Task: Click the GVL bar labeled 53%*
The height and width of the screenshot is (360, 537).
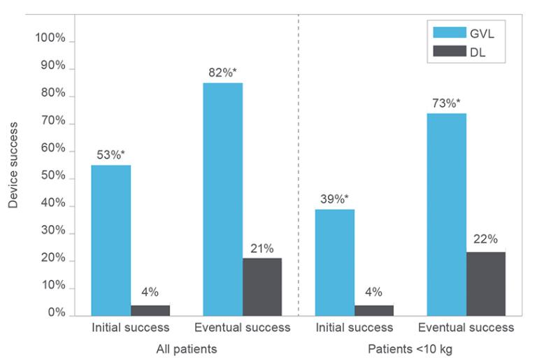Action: pos(110,240)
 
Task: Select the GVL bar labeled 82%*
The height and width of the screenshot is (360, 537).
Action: pos(223,199)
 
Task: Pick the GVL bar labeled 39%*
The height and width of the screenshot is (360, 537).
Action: pos(335,262)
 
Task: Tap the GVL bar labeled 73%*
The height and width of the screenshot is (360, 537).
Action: pos(447,214)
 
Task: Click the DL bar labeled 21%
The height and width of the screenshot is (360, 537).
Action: pos(262,287)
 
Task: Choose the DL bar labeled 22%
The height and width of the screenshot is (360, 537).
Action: pos(486,283)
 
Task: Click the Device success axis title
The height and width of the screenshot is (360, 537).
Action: pos(14,165)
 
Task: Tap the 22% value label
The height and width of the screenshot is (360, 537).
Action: pos(485,239)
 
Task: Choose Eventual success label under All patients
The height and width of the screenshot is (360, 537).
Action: pos(242,327)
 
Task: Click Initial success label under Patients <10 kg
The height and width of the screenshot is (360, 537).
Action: pos(354,327)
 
